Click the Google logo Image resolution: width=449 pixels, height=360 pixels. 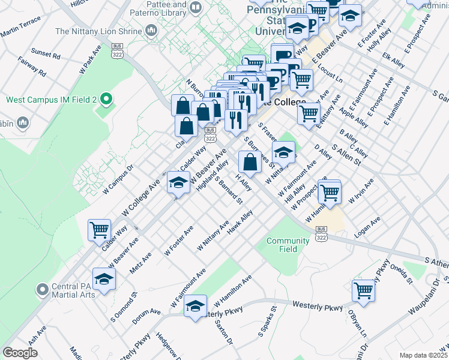pos(20,353)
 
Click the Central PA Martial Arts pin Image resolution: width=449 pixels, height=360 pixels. pos(42,290)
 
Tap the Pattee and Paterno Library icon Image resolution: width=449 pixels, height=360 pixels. pos(194,7)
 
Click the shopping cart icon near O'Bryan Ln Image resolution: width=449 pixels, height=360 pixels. pos(364,290)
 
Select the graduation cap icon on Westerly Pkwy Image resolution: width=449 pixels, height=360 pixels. pos(195,306)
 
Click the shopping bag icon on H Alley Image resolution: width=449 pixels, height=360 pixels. pos(250,161)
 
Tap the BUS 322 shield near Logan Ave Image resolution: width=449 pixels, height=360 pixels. pos(321,233)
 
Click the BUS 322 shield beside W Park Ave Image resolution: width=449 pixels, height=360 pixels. pos(117,50)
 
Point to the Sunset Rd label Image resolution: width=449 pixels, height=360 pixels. pos(46,55)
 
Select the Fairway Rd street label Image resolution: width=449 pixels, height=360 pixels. pos(31,67)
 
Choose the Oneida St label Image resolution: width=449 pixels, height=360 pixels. pos(402,273)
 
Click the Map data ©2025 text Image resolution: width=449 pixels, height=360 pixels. pos(423,355)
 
